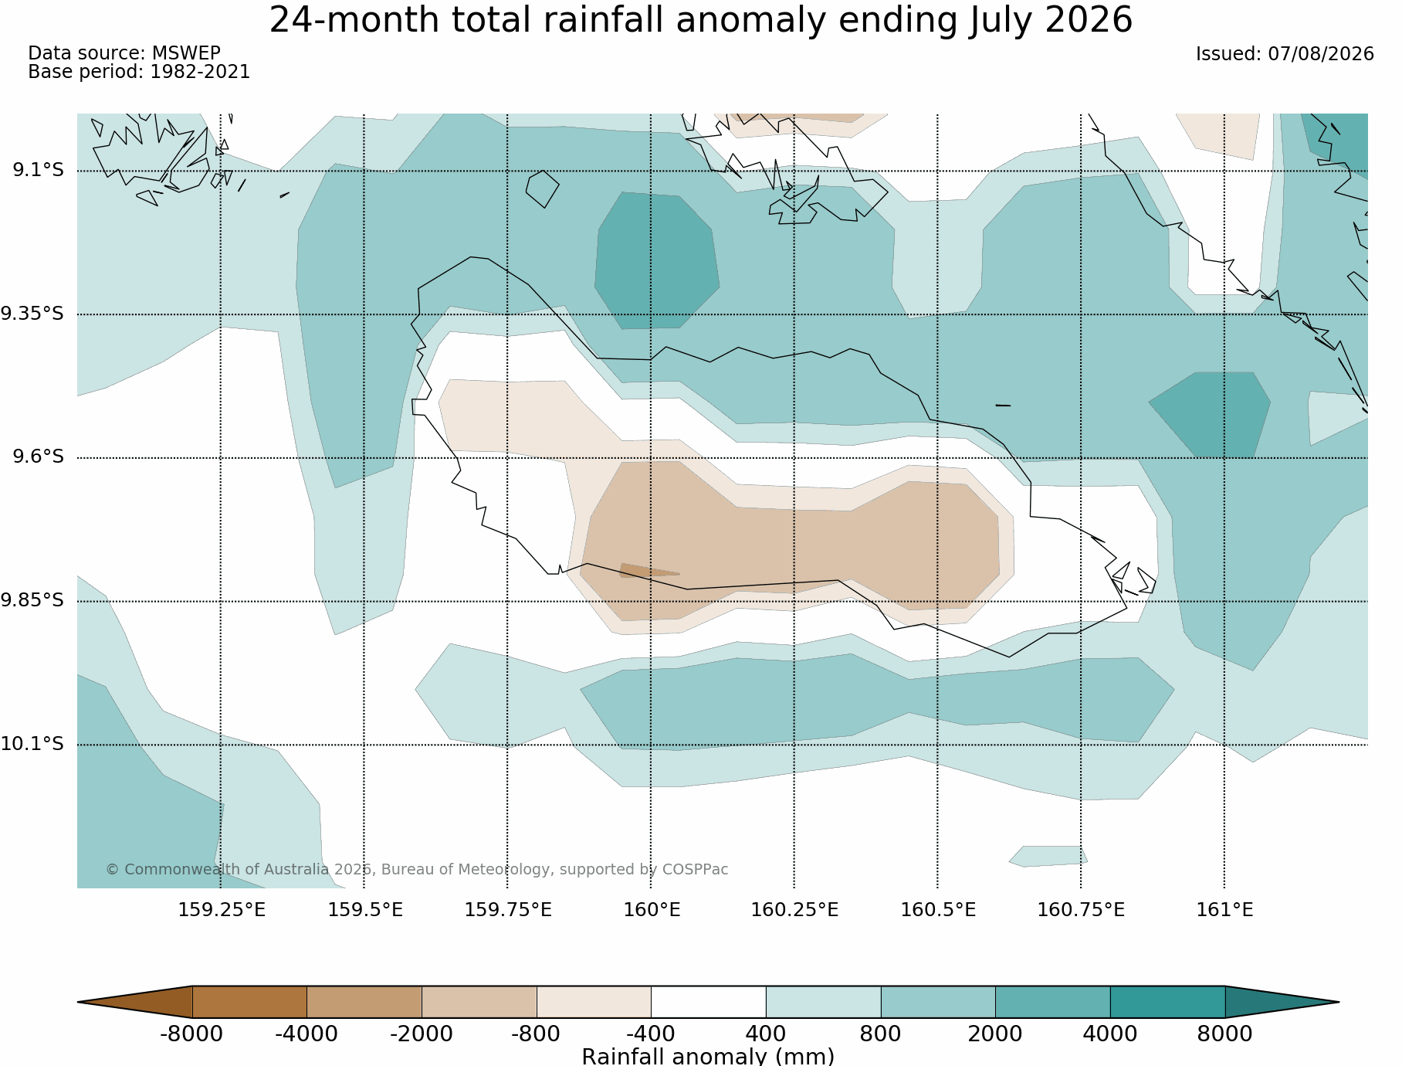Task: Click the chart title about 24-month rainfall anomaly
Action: pos(700,21)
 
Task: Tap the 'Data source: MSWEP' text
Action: pos(124,53)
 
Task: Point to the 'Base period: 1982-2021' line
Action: pos(139,72)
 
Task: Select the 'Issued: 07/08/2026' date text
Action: pos(1285,54)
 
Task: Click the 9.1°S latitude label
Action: pos(38,170)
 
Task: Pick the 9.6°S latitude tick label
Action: pos(38,457)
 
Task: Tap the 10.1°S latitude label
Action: pos(32,744)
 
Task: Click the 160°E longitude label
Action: pos(652,910)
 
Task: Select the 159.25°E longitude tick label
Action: pos(222,910)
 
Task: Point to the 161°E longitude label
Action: pos(1224,910)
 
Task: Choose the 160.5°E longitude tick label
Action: pos(938,910)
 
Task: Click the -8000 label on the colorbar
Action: pos(191,1034)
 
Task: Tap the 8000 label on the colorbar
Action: pos(1224,1034)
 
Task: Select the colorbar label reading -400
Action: pos(651,1034)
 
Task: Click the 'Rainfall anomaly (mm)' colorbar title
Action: pos(708,1056)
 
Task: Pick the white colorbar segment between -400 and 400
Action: pos(709,1002)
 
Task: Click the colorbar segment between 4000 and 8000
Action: pos(1167,1002)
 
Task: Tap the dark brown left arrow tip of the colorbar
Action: pos(79,1002)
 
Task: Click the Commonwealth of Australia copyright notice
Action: pos(417,869)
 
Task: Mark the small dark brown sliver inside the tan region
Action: pos(645,570)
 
